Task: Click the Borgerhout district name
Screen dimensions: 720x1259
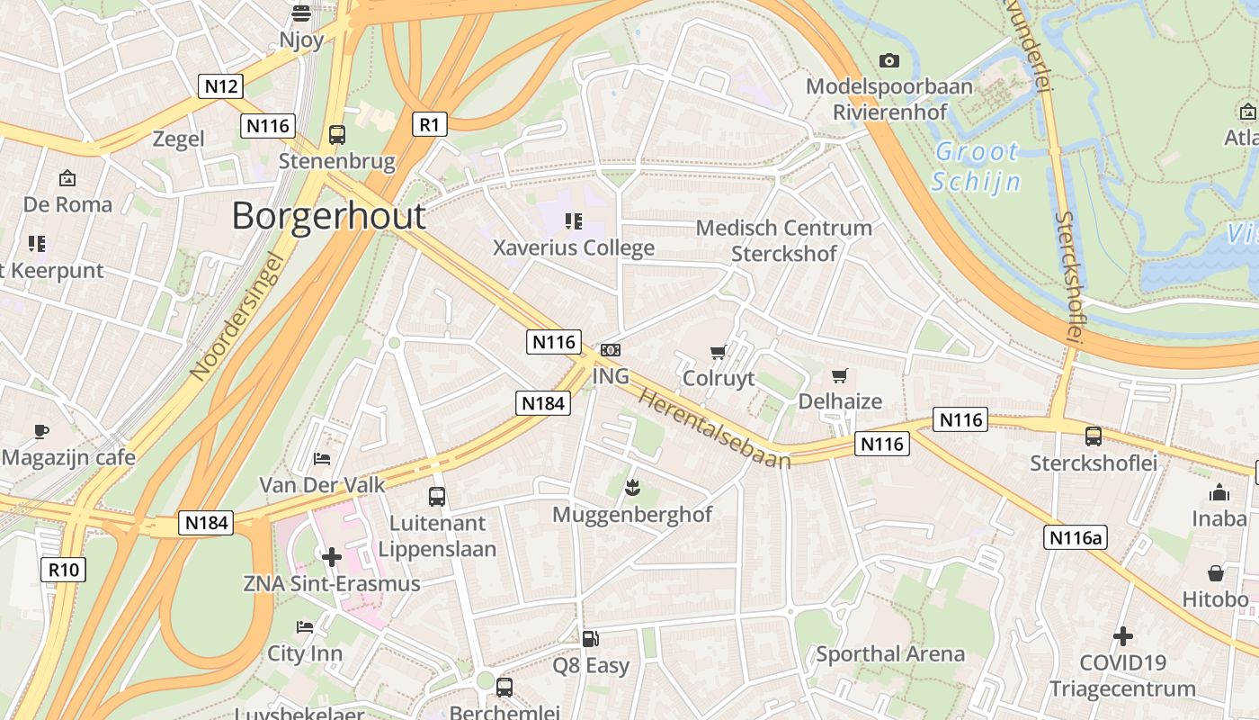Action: click(x=328, y=217)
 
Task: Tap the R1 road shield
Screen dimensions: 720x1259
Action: click(x=430, y=124)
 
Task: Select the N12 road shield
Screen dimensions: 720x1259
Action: click(x=220, y=86)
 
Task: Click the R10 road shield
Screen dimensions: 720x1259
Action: click(x=64, y=570)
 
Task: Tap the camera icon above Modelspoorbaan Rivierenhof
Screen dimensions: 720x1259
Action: click(x=888, y=60)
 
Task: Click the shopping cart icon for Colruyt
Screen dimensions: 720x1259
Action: click(x=718, y=352)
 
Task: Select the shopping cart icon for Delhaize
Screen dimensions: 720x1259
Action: click(x=839, y=375)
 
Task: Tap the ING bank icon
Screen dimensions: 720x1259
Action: click(x=610, y=350)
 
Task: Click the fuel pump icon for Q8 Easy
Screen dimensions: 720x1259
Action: click(x=590, y=639)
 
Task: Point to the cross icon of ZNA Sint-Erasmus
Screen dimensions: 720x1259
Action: click(x=331, y=557)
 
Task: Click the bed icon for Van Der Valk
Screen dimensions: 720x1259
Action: click(x=322, y=459)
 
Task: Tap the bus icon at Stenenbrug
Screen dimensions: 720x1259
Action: click(x=336, y=135)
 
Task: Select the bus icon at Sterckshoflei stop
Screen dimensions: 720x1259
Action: click(x=1093, y=436)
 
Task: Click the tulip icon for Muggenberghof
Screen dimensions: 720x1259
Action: click(x=632, y=489)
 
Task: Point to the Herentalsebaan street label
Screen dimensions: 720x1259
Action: click(x=715, y=427)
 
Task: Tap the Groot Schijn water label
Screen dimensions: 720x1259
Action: click(x=977, y=166)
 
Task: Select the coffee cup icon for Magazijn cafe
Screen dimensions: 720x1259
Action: click(x=41, y=431)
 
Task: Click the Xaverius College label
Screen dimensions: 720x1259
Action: click(x=574, y=247)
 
